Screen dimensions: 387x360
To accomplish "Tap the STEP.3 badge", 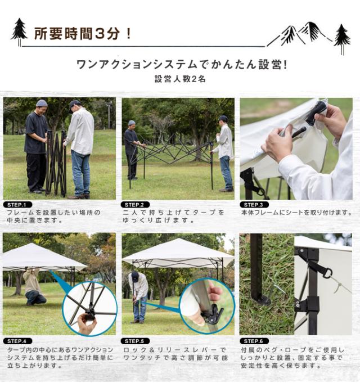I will point(254,205).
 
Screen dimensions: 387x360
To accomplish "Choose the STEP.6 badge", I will point(254,341).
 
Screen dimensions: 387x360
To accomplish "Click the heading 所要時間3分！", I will point(83,34).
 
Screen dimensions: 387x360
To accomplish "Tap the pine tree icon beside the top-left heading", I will point(19,31).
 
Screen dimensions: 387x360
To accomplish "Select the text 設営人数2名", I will point(180,79).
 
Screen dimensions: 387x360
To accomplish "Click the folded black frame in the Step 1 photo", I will point(56,163).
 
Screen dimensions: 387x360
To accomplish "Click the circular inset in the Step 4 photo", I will point(89,309).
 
